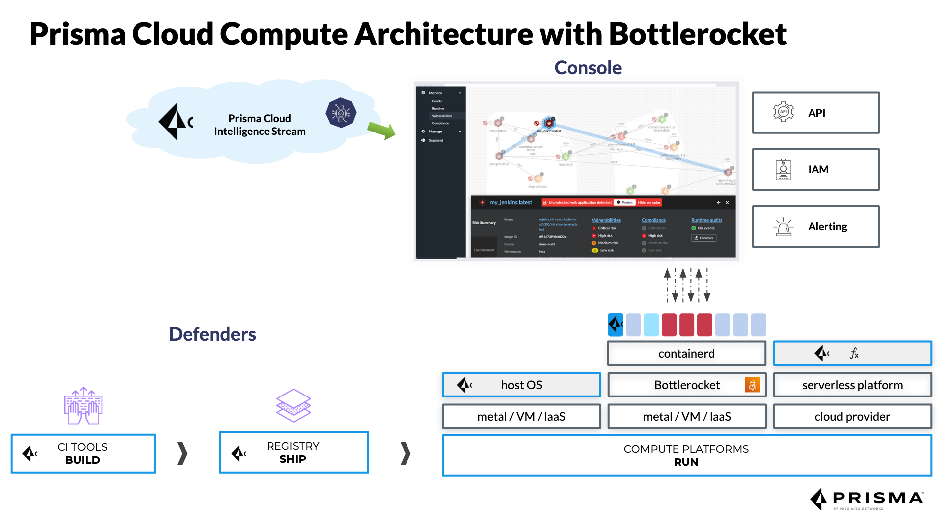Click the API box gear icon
(x=783, y=112)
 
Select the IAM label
(x=818, y=170)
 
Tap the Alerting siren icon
(x=783, y=227)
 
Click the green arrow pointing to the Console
(x=382, y=131)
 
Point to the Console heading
(x=588, y=68)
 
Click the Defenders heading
(x=212, y=334)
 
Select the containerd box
(x=686, y=354)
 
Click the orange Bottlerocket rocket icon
(x=752, y=385)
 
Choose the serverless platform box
(x=852, y=385)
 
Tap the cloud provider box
(x=852, y=417)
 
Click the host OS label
(x=521, y=385)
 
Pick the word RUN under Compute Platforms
(x=686, y=462)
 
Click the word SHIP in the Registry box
(x=293, y=459)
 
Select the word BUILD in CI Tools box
(x=83, y=460)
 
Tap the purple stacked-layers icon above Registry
(x=293, y=405)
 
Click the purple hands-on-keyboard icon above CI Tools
(x=83, y=406)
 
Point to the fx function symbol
(x=854, y=354)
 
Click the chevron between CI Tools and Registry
(x=182, y=454)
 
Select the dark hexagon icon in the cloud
(x=341, y=113)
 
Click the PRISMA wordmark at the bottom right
(x=878, y=498)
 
